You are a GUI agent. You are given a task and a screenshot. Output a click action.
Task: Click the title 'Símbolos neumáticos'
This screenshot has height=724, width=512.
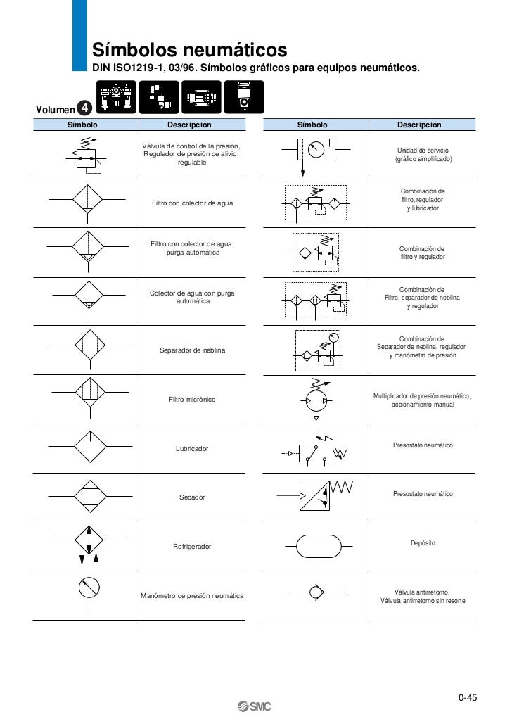[x=190, y=51]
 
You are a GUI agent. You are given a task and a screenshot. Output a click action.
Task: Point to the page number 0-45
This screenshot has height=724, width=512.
[x=468, y=698]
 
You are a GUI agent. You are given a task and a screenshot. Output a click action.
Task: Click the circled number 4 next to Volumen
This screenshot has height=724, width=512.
[x=84, y=108]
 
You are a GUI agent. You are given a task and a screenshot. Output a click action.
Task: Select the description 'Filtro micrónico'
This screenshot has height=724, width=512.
[x=192, y=400]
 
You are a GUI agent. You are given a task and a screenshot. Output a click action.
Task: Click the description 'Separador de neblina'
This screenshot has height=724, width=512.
[x=192, y=350]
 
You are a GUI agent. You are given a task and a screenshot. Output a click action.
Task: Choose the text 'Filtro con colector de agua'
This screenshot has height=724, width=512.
[x=192, y=203]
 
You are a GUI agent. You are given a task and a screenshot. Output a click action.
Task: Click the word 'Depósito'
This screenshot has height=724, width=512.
[x=423, y=543]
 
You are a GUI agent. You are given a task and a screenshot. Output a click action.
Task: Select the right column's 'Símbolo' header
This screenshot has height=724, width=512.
[x=312, y=125]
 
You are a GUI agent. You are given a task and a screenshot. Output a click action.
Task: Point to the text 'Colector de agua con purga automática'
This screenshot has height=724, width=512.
[x=192, y=297]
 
